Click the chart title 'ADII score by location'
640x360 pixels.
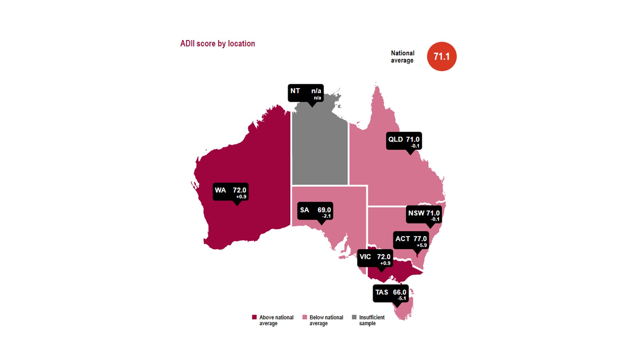pyautogui.click(x=217, y=44)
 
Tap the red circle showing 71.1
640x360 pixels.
pyautogui.click(x=442, y=56)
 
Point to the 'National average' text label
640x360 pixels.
pyautogui.click(x=402, y=57)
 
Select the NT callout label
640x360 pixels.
pyautogui.click(x=305, y=93)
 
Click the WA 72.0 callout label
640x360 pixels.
pyautogui.click(x=230, y=192)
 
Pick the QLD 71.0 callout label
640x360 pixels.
pyautogui.click(x=404, y=141)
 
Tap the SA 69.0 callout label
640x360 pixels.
pyautogui.click(x=315, y=211)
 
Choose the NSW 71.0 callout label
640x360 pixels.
pyautogui.click(x=424, y=215)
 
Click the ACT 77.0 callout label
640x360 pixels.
pyautogui.click(x=411, y=240)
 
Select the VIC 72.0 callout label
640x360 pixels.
pyautogui.click(x=375, y=258)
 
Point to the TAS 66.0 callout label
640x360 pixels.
pyautogui.click(x=390, y=294)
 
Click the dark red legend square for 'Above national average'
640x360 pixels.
pyautogui.click(x=254, y=317)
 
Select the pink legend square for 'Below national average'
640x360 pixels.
pyautogui.click(x=304, y=317)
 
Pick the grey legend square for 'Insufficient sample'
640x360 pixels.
pyautogui.click(x=354, y=317)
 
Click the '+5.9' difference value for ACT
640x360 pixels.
pyautogui.click(x=421, y=245)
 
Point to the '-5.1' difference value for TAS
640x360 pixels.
pyautogui.click(x=402, y=298)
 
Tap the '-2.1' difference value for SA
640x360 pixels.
pyautogui.click(x=326, y=216)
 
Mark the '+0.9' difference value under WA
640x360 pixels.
pyautogui.click(x=241, y=197)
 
